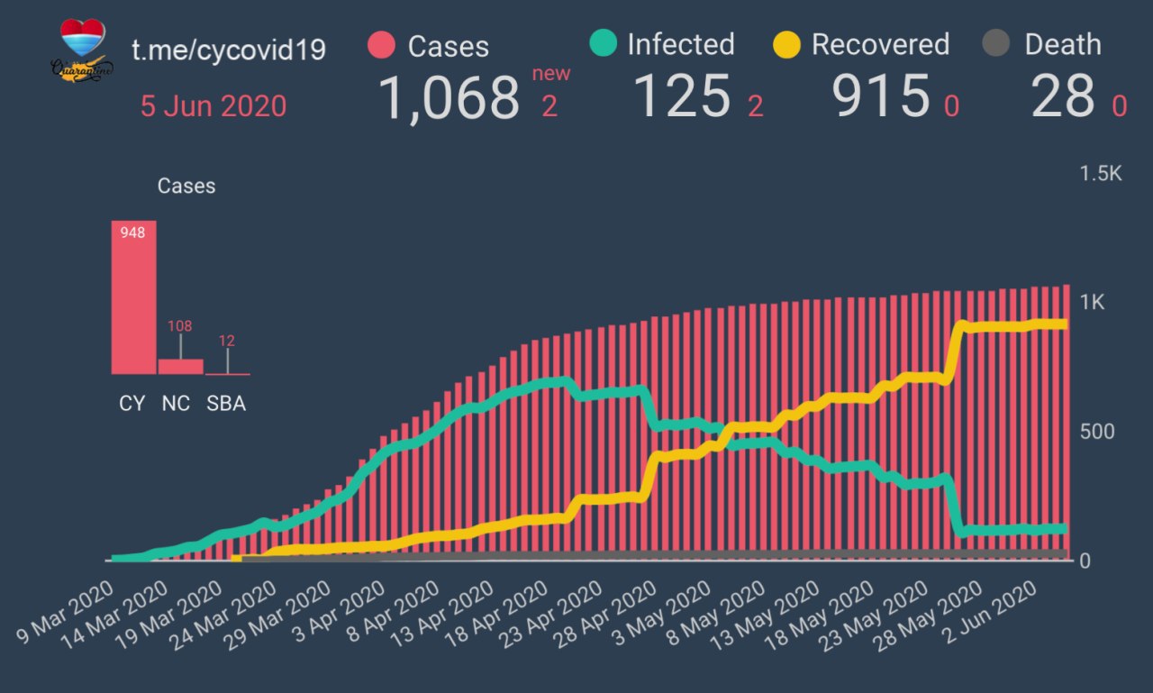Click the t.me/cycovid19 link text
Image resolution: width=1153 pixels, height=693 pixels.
pos(228,50)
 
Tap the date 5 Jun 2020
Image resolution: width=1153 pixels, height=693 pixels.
pos(213,106)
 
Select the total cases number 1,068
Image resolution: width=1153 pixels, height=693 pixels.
pos(449,97)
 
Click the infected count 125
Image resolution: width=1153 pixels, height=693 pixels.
pos(682,96)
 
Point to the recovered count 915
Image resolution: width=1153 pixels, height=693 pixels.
pos(881,96)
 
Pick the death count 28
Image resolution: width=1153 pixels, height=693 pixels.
pos(1063,96)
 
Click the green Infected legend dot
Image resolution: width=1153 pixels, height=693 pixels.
pos(603,43)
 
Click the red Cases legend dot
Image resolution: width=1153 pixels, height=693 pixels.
pos(383,45)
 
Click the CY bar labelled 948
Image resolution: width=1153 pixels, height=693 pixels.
pos(133,297)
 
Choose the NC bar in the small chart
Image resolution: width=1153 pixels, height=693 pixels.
pos(180,366)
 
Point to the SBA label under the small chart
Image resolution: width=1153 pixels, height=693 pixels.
pos(225,404)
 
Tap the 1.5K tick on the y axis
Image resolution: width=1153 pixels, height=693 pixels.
pos(1101,174)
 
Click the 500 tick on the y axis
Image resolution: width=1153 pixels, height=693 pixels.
pos(1096,431)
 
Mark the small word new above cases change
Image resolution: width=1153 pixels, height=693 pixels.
pos(550,74)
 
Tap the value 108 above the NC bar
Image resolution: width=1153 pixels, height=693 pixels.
pos(180,326)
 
